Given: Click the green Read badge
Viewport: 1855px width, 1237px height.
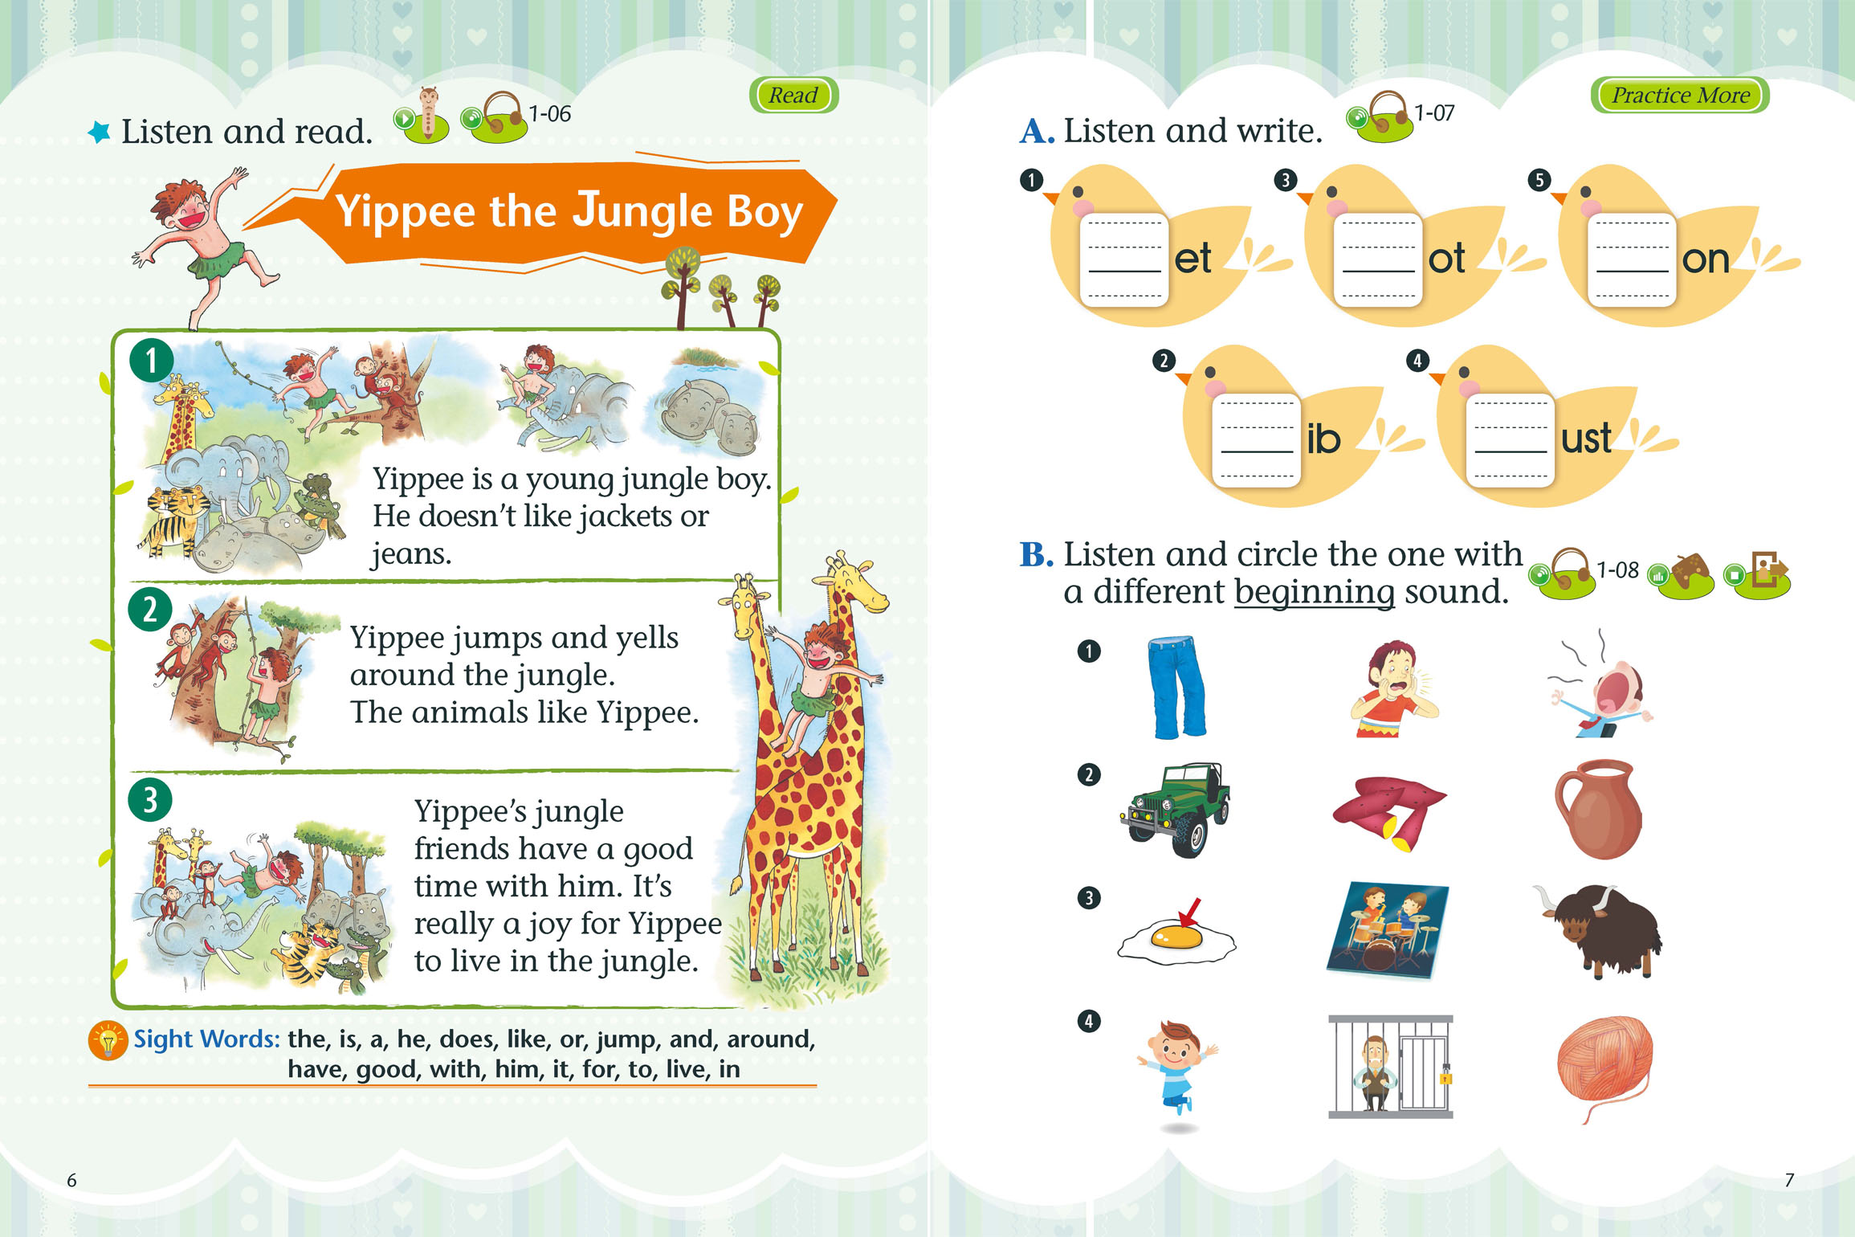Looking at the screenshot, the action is [x=793, y=95].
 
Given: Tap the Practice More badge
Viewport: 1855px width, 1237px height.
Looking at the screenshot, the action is [x=1680, y=95].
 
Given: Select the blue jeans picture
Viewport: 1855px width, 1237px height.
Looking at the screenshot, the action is [x=1177, y=687].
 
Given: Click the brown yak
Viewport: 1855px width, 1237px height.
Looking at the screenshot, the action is [x=1598, y=930].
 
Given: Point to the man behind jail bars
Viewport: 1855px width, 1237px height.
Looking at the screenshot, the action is [x=1390, y=1067].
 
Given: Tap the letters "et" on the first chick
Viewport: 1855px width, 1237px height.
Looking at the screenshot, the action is [x=1192, y=259].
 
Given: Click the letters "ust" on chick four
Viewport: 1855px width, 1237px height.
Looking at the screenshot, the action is [x=1586, y=439].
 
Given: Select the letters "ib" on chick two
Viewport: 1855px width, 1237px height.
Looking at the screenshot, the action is [x=1323, y=439].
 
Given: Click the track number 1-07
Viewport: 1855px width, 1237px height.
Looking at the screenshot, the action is [x=1434, y=112].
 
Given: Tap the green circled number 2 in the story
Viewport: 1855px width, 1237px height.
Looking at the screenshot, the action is [x=150, y=610].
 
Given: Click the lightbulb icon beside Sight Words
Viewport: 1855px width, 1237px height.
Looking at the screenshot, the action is [x=108, y=1040].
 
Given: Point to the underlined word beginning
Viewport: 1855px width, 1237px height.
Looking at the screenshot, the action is [x=1315, y=593].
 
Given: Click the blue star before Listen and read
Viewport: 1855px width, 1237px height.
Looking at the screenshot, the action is [x=100, y=133].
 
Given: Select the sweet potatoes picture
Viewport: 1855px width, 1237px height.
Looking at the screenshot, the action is [x=1388, y=811].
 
